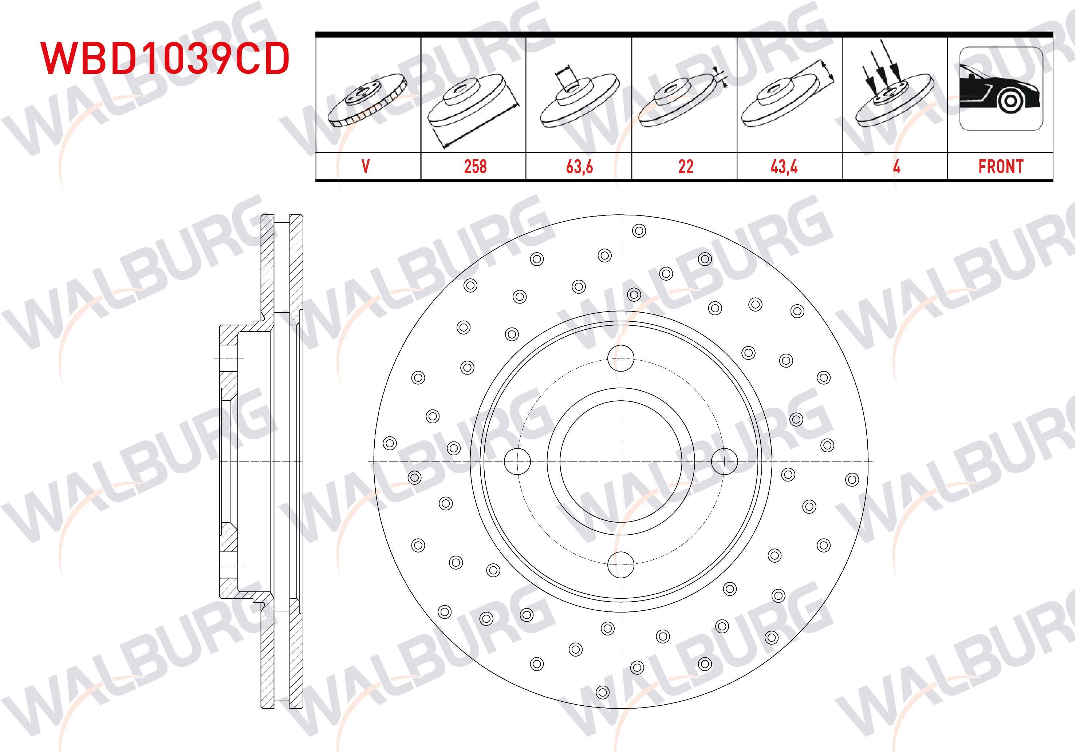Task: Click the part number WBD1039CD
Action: tap(165, 58)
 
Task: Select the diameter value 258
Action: tap(475, 167)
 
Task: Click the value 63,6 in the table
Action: tap(579, 167)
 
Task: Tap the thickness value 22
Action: tap(686, 167)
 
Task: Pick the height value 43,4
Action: tap(784, 167)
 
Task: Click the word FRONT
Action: tap(1001, 167)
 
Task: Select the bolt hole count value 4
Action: tap(896, 167)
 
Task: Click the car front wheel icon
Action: tap(1001, 89)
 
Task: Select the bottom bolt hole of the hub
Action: tap(620, 564)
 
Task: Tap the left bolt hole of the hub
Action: tap(517, 461)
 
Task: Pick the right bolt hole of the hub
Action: tap(725, 461)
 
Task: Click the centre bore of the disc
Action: tap(620, 461)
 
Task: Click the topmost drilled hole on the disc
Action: tap(639, 230)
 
